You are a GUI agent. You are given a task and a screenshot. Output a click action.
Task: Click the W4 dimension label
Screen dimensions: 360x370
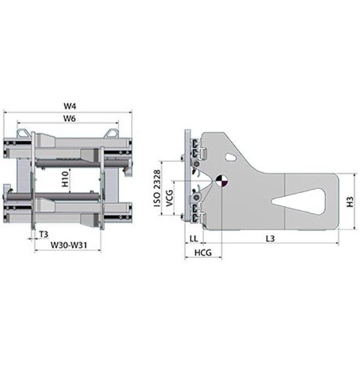[70, 106]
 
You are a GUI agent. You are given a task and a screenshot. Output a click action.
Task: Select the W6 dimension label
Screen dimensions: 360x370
[70, 118]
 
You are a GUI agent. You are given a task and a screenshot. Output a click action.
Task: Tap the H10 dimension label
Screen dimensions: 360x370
[65, 179]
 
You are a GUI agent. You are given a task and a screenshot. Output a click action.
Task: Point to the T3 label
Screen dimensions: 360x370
[44, 235]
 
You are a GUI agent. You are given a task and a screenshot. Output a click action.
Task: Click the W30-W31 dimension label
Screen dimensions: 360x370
[69, 245]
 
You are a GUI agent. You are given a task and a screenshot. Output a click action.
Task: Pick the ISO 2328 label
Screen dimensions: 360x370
[157, 188]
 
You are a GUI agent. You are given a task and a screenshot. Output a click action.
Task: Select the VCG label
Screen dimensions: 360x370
[170, 198]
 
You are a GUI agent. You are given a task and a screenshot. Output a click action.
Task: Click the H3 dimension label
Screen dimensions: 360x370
[350, 201]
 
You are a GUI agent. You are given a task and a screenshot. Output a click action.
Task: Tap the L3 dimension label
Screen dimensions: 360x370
[271, 239]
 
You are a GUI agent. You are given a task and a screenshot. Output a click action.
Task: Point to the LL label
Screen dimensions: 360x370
[194, 239]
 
